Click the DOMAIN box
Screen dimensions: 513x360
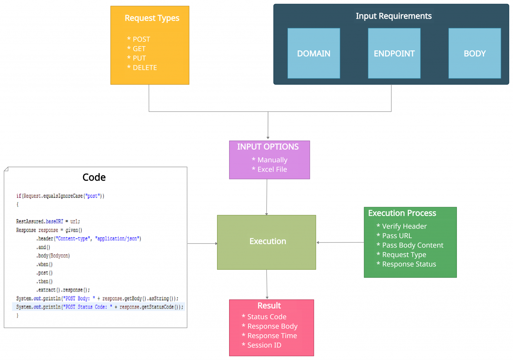[314, 53]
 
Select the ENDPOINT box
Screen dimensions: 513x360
[394, 53]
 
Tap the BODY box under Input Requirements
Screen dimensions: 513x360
[475, 53]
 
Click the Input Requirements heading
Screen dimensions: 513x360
[394, 16]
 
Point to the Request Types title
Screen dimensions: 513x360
[152, 18]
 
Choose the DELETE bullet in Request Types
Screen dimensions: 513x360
[142, 67]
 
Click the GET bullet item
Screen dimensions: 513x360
[136, 49]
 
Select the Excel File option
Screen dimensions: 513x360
[269, 169]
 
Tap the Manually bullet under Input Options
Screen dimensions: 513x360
[270, 160]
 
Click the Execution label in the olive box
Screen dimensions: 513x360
[268, 241]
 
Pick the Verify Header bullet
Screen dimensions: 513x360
[402, 226]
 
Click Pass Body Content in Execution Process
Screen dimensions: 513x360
[410, 245]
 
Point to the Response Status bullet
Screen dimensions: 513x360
[406, 264]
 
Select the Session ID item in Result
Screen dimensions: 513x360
[262, 345]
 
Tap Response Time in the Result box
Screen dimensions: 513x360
[269, 336]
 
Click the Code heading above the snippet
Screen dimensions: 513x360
[94, 177]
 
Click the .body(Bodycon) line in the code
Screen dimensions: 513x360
[53, 256]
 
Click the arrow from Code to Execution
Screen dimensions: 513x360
[202, 243]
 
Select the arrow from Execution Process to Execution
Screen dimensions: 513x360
[340, 242]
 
